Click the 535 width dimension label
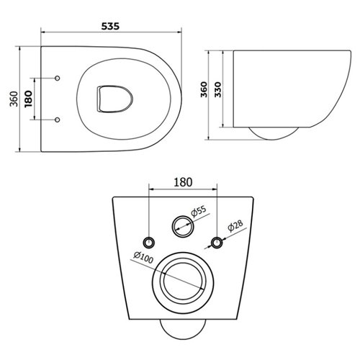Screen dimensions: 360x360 click(x=110, y=25)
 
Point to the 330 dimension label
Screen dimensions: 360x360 click(x=217, y=89)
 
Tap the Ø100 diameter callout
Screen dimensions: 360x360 click(x=142, y=254)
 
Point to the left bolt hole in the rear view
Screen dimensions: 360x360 click(x=149, y=240)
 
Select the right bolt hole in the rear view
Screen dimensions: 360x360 click(x=216, y=240)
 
